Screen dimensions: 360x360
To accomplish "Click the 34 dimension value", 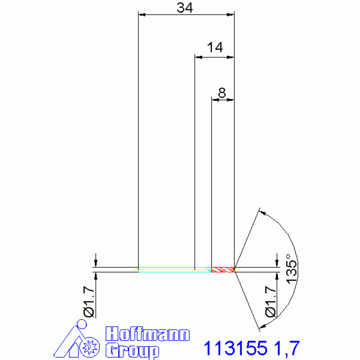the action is (x=184, y=8).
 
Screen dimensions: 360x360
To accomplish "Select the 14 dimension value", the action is (x=215, y=47).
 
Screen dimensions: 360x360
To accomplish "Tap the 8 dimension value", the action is (x=222, y=93).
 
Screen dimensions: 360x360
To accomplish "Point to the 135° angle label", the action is (x=291, y=269).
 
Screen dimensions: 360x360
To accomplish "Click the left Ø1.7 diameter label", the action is (x=89, y=301).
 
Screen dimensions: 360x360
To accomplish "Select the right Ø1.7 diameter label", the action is (x=270, y=301).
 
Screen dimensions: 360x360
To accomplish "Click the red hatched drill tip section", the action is (x=222, y=269).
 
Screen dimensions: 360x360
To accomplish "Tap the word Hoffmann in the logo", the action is (x=148, y=334).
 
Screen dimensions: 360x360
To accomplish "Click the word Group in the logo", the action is (x=132, y=351).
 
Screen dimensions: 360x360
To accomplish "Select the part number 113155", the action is (x=236, y=348).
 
